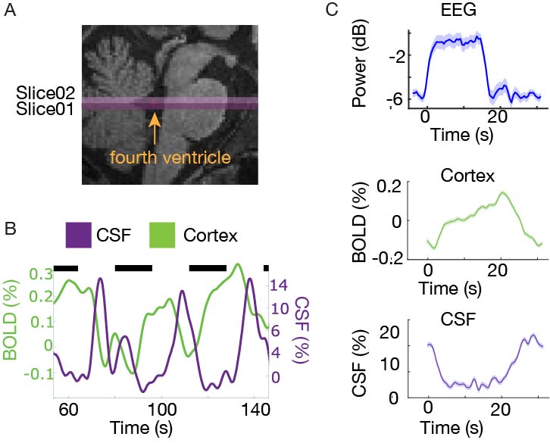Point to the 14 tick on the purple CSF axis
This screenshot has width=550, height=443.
(x=280, y=285)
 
